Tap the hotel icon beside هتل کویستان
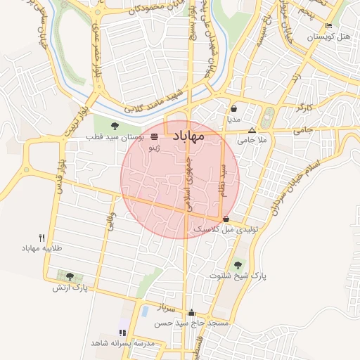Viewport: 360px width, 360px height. pos(329,26)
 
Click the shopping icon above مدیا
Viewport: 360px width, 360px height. pos(233,109)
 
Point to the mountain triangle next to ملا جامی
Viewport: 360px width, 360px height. pos(252,130)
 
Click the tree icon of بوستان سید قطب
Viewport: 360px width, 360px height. pos(115,127)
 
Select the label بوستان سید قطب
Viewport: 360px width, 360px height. pos(115,138)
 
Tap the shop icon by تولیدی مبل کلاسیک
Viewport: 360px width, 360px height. pos(226,219)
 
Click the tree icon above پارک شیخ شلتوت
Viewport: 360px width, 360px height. pos(239,266)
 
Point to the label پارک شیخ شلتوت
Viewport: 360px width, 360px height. pos(239,276)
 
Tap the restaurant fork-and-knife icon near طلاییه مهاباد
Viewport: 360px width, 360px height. pos(42,238)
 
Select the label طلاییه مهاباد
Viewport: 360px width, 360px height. pos(42,249)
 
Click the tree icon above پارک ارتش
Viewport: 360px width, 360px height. pos(69,276)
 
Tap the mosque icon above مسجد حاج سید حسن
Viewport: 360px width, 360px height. pos(191,312)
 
